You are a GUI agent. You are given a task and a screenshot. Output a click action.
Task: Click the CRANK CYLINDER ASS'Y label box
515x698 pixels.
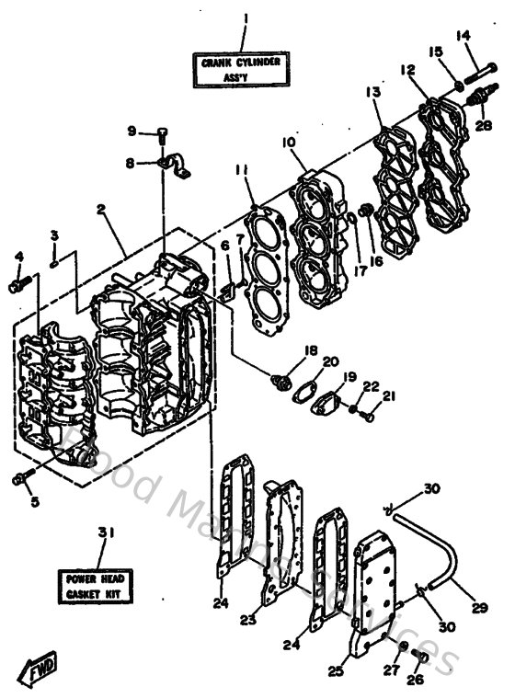click(x=240, y=70)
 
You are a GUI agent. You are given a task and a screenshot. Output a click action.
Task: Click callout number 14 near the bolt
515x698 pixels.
click(x=463, y=36)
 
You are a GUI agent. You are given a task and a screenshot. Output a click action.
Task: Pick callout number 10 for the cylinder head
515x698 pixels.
click(x=288, y=143)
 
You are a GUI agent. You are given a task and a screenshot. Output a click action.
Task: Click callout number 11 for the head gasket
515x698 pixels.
click(x=241, y=169)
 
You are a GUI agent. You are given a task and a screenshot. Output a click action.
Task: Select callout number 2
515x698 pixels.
click(x=101, y=209)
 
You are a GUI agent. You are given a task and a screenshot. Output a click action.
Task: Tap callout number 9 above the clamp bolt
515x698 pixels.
click(x=132, y=131)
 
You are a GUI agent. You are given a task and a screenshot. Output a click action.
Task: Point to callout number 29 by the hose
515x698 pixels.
click(x=479, y=609)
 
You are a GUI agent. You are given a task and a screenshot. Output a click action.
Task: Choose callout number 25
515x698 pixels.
click(x=337, y=671)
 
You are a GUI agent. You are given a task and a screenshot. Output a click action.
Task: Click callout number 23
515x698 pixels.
click(x=247, y=621)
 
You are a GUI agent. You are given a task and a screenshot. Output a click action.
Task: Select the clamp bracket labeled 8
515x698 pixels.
click(x=173, y=166)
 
